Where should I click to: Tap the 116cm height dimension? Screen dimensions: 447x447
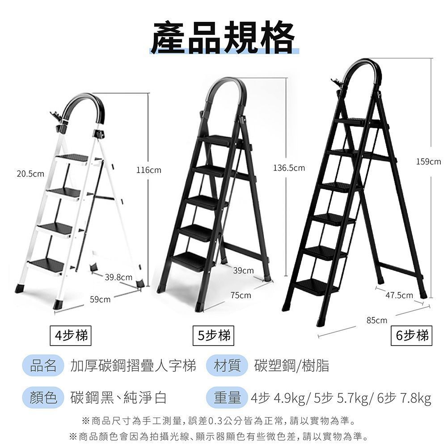(149, 170)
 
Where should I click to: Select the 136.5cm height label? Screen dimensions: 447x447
(289, 168)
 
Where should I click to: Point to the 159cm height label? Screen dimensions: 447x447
(429, 162)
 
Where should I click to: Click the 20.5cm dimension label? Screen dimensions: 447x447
(30, 173)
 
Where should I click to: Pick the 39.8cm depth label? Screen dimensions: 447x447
(118, 277)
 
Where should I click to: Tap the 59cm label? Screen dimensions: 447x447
(100, 299)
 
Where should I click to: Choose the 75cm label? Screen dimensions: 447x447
(241, 295)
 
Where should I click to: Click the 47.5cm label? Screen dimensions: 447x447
(399, 295)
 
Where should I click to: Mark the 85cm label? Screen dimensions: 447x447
(377, 320)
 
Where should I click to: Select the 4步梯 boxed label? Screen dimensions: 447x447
(71, 336)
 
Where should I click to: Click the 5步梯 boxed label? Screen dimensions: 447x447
(213, 336)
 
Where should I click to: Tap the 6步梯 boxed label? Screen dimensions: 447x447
(412, 336)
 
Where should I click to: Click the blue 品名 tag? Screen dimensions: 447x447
(43, 366)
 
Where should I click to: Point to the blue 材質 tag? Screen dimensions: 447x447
(227, 366)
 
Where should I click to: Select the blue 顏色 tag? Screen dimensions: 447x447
(43, 397)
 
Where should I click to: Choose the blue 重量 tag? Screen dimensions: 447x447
(227, 397)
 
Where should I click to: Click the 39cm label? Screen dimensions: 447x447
(244, 270)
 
